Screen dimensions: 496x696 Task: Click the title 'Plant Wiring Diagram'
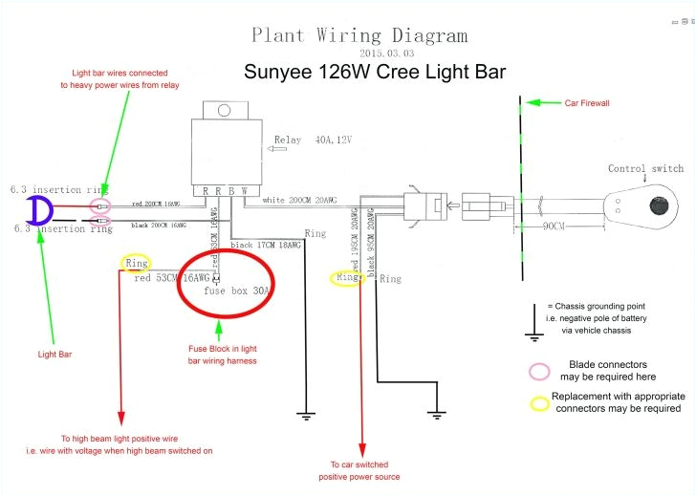(359, 35)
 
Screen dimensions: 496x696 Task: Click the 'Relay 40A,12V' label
(313, 140)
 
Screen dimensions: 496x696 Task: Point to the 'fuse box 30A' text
(241, 290)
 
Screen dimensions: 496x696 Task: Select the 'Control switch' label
(645, 169)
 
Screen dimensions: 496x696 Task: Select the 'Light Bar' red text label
(54, 354)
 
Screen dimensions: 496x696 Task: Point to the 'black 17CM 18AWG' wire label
(264, 245)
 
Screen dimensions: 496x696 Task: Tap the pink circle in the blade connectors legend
(540, 371)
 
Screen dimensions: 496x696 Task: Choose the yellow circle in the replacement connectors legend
(540, 402)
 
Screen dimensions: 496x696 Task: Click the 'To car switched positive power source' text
(359, 470)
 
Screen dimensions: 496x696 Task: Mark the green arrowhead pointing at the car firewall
(534, 102)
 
